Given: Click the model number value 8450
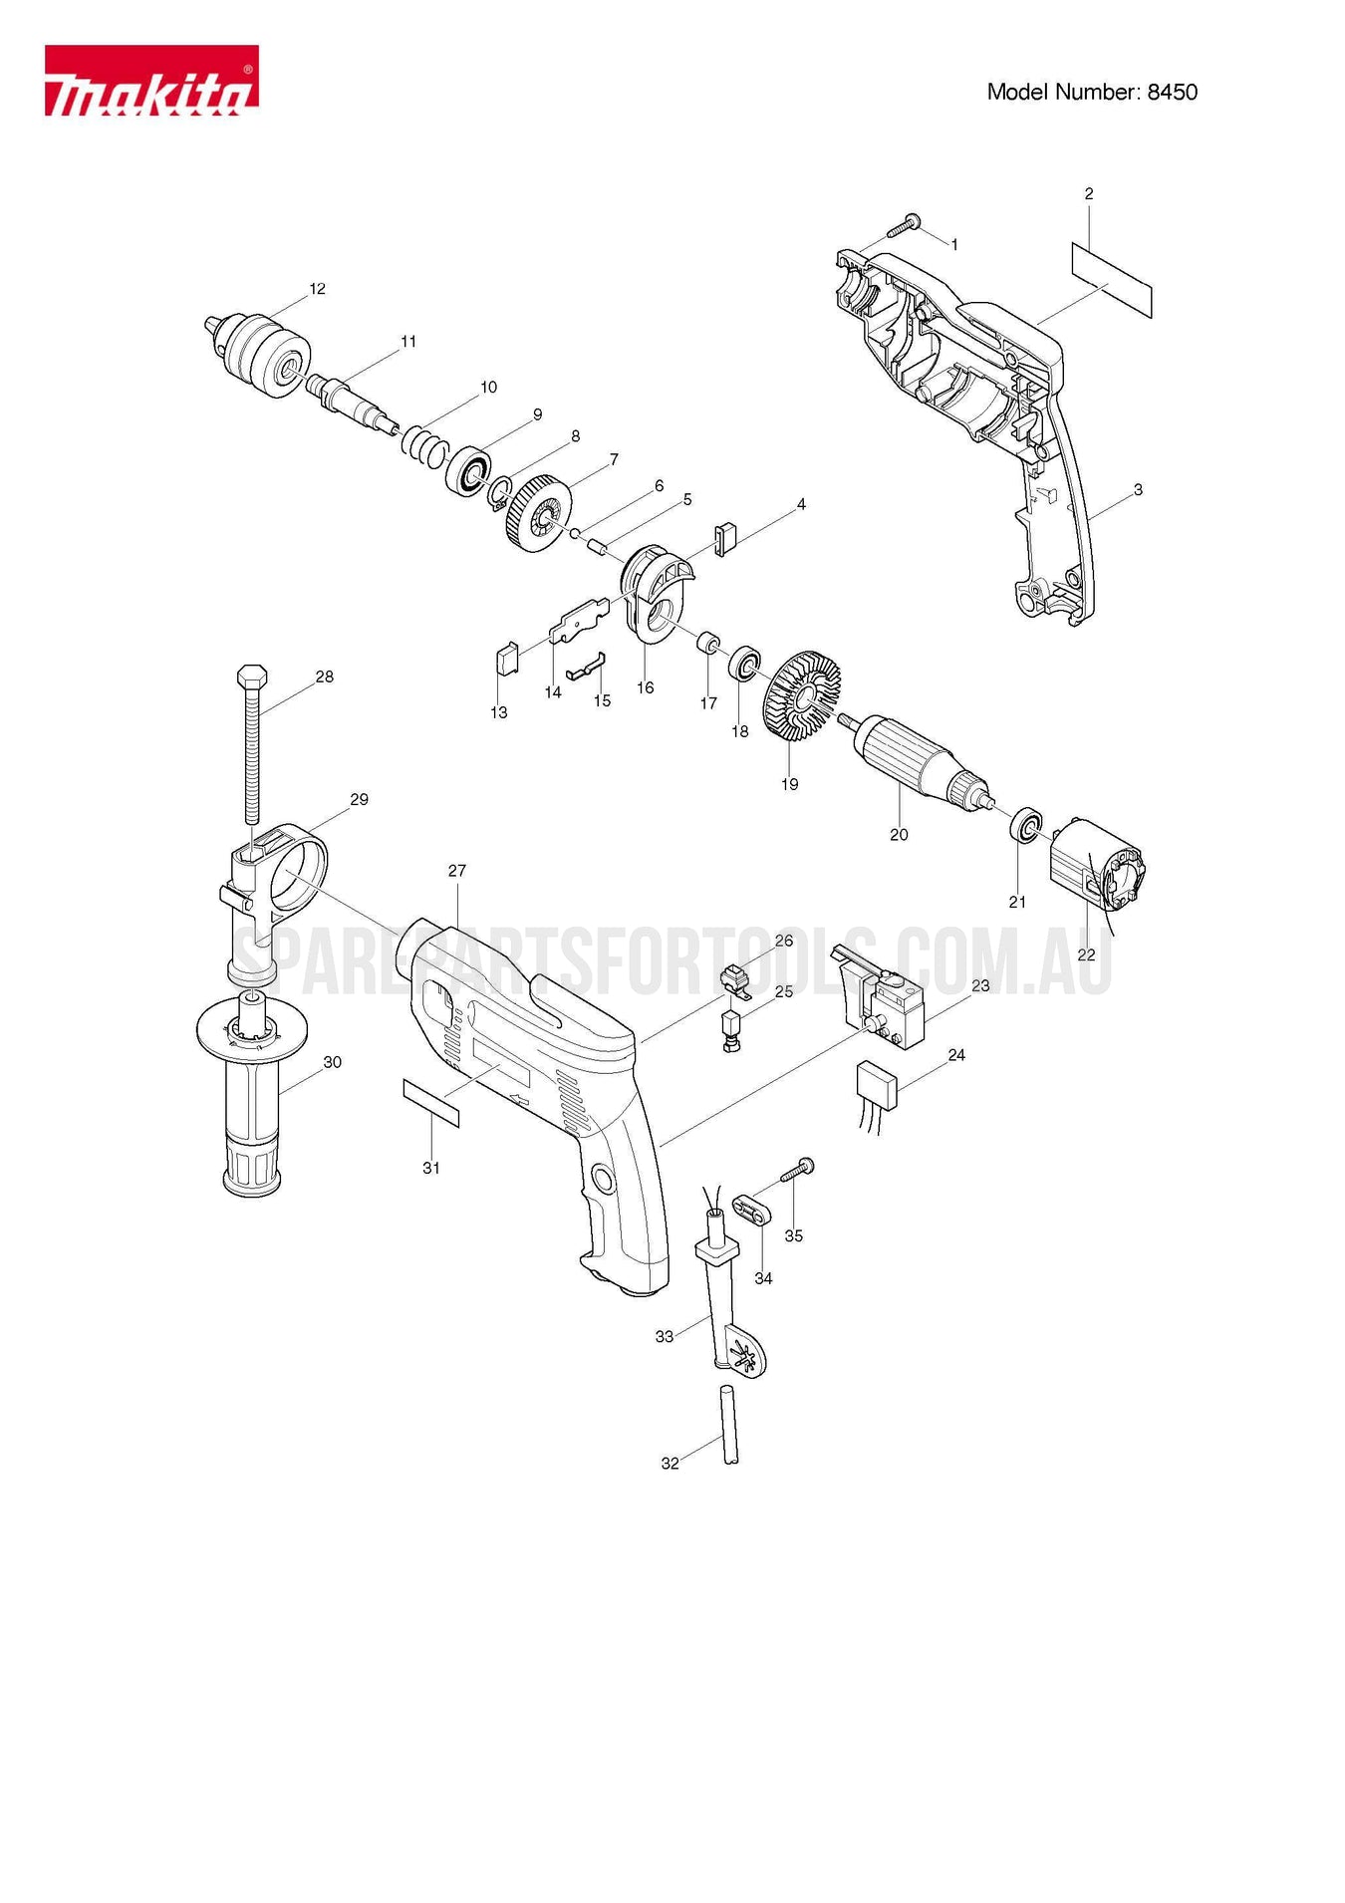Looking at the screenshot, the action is coord(1172,93).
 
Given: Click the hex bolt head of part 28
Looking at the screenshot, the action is coord(251,677).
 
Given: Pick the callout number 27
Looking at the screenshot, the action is coord(456,871).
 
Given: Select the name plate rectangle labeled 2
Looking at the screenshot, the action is coord(1112,280).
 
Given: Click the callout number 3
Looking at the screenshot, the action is coord(1138,490).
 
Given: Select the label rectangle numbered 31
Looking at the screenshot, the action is coord(431,1102).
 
